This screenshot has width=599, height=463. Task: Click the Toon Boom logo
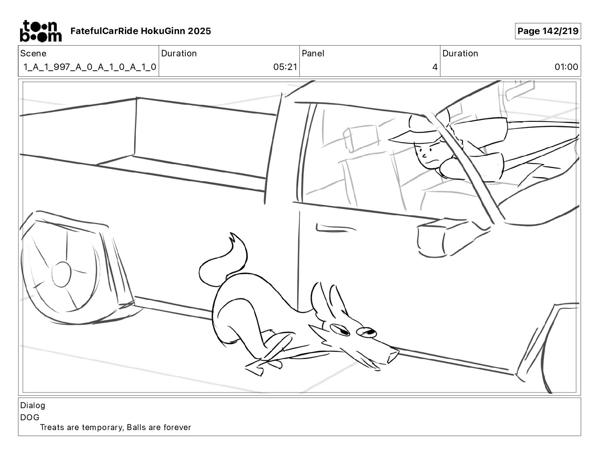coord(40,31)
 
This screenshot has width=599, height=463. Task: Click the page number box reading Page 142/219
coord(548,31)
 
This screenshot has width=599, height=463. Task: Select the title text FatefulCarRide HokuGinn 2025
coord(141,31)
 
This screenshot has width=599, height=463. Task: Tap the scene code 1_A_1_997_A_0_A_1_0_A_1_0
coord(90,67)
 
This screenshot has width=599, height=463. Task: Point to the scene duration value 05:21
coord(285,67)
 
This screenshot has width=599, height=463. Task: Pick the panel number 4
coord(435,67)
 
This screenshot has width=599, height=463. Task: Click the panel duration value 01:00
coord(566,67)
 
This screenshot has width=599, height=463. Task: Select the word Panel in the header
coord(313,53)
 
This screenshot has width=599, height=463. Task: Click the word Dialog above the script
coord(33,406)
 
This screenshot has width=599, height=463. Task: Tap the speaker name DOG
coord(30,417)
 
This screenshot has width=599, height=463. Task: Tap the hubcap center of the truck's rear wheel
coord(61,274)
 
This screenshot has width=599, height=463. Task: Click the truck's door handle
coord(329,228)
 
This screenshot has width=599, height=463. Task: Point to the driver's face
coord(427,155)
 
